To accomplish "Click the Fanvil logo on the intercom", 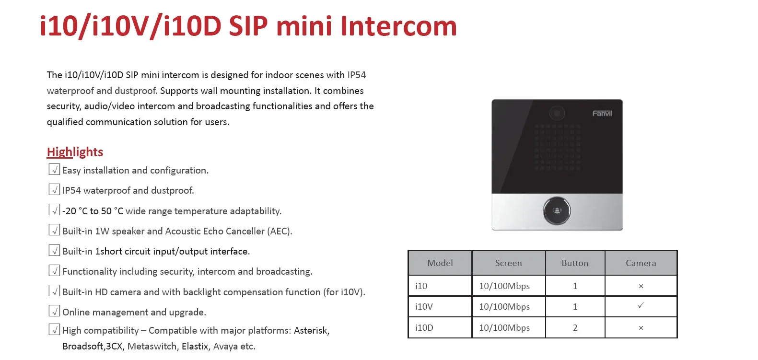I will click(x=602, y=114).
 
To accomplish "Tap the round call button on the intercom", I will click(x=557, y=210).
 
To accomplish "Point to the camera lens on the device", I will click(x=557, y=113).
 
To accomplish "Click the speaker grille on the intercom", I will click(x=557, y=147).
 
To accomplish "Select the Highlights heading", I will click(x=75, y=152).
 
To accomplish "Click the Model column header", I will click(x=440, y=263).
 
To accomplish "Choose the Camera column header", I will click(x=641, y=263).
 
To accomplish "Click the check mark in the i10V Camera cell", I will click(x=641, y=306).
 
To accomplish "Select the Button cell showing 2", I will click(x=575, y=328).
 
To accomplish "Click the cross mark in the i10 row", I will click(x=641, y=286).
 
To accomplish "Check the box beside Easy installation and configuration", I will click(x=54, y=170).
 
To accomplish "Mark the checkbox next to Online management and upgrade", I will click(x=54, y=311).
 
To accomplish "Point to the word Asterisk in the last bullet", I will click(x=311, y=330).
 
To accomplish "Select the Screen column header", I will click(x=508, y=263).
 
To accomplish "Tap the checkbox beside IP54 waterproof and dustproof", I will click(x=54, y=190).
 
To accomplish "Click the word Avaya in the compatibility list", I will click(x=225, y=346).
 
